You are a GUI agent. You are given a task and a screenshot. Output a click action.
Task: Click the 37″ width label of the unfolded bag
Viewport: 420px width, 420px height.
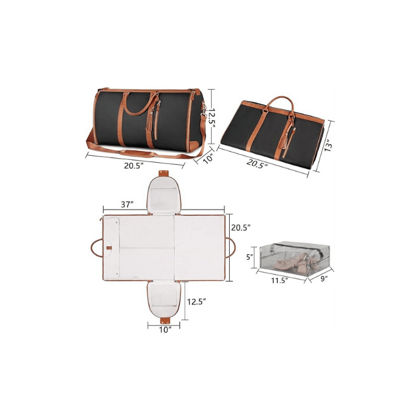(127, 205)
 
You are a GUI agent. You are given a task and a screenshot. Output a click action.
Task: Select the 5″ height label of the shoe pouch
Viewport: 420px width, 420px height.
(250, 257)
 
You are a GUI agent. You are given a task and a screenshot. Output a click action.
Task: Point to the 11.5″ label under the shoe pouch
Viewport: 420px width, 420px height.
(279, 281)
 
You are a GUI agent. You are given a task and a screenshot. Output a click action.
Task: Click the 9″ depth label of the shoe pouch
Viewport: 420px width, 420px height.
(324, 279)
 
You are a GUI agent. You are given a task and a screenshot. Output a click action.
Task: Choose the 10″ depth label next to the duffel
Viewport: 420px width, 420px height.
(208, 159)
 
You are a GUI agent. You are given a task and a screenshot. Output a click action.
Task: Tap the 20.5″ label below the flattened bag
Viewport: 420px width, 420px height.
(257, 164)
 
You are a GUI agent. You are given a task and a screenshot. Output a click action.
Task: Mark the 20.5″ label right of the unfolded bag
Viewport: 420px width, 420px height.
(242, 228)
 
